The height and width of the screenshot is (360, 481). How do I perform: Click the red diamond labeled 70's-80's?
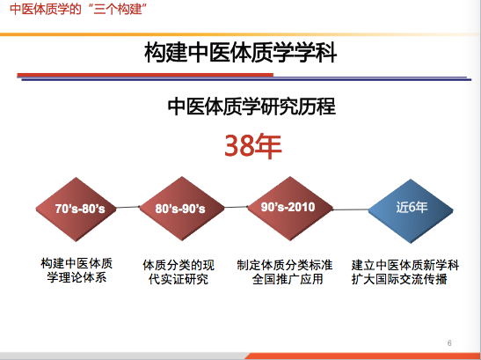(x=77, y=209)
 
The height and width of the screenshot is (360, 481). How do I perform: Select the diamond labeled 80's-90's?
(x=182, y=209)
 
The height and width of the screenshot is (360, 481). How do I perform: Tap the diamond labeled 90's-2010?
(x=290, y=209)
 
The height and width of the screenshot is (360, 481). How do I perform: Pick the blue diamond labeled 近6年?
(x=411, y=211)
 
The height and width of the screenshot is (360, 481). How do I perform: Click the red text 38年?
(x=253, y=146)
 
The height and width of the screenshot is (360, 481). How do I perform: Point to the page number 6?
(x=449, y=343)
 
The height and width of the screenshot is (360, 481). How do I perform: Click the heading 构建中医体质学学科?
(x=241, y=53)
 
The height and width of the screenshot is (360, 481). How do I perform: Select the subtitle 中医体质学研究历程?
(x=251, y=107)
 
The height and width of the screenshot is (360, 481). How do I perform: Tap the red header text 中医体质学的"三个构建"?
(x=78, y=9)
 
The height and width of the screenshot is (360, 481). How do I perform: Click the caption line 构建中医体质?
(x=77, y=263)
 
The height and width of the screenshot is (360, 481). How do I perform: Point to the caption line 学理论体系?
(x=77, y=277)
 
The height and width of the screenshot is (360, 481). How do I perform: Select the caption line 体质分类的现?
(x=179, y=265)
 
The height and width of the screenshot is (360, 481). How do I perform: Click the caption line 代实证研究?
(x=179, y=279)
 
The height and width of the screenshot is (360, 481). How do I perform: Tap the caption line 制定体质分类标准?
(x=285, y=265)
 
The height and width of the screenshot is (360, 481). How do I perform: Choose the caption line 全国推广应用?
(x=288, y=279)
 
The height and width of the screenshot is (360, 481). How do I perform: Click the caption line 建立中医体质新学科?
(x=405, y=265)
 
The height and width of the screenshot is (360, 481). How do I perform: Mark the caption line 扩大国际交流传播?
(x=399, y=279)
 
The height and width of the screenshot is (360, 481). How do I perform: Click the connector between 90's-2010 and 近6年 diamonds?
(x=351, y=209)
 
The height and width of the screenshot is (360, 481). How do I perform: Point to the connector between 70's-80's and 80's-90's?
(x=128, y=208)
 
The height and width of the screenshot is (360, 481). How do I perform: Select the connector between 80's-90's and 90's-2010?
(x=237, y=207)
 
